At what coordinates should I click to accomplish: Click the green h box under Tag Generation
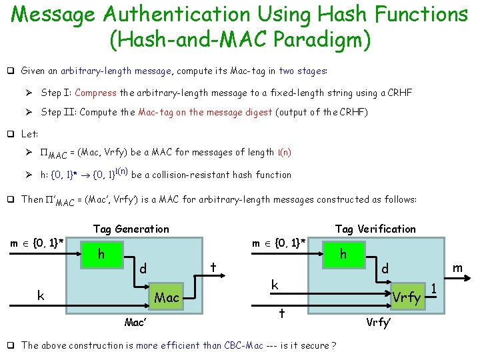click(x=101, y=255)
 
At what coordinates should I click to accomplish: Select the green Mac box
click(x=167, y=297)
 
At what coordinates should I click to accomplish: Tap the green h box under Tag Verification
click(x=343, y=255)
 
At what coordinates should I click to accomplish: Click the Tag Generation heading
click(x=131, y=229)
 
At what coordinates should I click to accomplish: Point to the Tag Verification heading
click(x=375, y=229)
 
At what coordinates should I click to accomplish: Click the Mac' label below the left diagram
click(x=135, y=323)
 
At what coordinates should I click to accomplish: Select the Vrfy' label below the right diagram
click(x=378, y=323)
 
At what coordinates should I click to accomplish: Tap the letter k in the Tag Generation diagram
click(x=41, y=295)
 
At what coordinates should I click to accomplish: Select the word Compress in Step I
click(x=99, y=93)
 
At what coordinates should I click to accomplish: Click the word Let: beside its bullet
click(x=30, y=134)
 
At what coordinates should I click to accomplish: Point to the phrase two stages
click(x=302, y=70)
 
